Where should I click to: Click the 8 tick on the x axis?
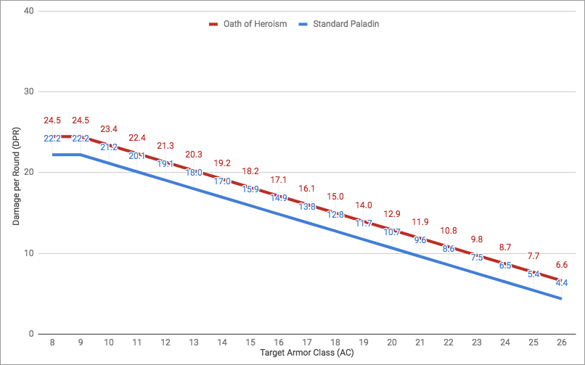click(x=52, y=343)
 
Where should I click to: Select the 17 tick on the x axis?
click(x=307, y=343)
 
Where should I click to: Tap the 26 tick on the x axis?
click(x=562, y=343)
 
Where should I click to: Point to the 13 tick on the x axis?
click(x=194, y=343)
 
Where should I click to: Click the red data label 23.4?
click(x=109, y=128)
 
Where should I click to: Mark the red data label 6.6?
click(x=562, y=264)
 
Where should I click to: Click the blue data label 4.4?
click(x=562, y=283)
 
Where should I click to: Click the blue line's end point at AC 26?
click(x=562, y=298)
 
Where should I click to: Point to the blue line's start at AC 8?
click(x=52, y=155)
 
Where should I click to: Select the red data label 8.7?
click(x=505, y=247)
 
